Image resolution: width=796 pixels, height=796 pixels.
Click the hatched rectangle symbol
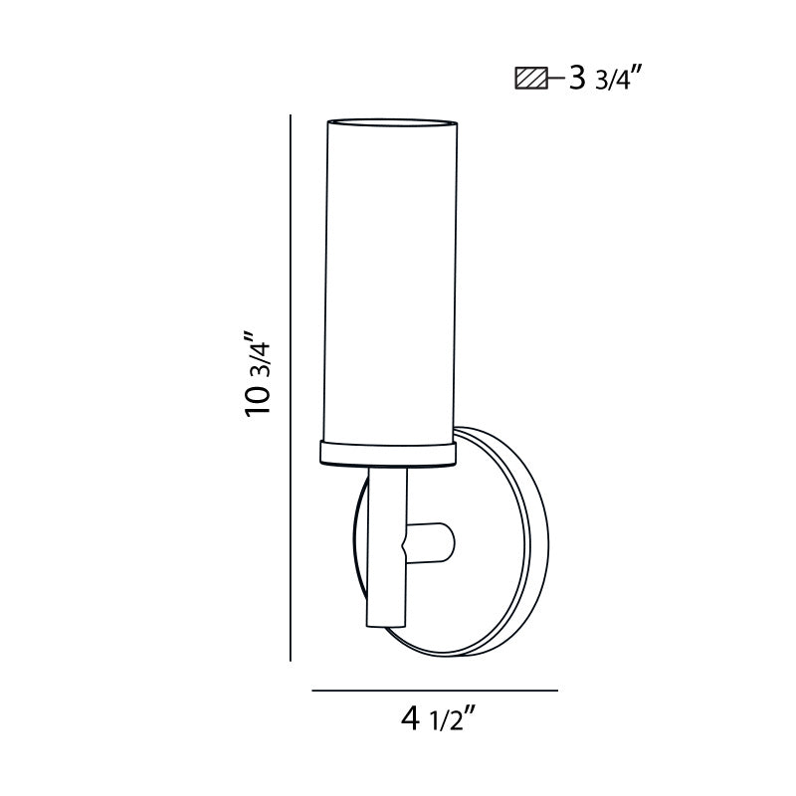point(530,78)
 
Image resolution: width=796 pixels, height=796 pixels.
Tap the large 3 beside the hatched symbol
point(575,79)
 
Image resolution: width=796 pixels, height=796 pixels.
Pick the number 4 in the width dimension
point(409,718)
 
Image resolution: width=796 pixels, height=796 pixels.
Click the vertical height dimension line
point(290,388)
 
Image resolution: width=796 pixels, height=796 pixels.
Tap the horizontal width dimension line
point(435,690)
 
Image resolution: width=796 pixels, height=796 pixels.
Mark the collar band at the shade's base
point(388,454)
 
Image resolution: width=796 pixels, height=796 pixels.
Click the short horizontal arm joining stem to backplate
point(430,542)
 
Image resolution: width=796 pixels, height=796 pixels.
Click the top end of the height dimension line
point(290,117)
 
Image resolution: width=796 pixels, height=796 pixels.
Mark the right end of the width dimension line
point(555,690)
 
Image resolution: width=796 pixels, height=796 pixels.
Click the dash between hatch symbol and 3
point(555,78)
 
